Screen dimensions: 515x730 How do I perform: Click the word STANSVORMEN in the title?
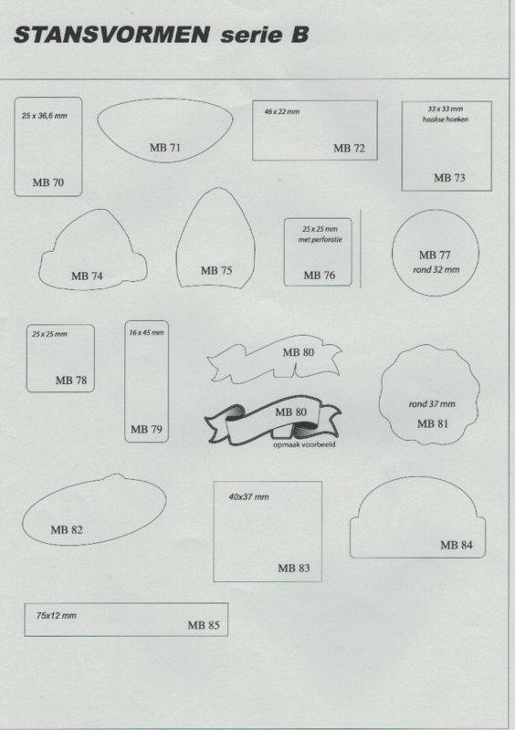click(111, 35)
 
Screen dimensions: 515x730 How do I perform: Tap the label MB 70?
click(48, 182)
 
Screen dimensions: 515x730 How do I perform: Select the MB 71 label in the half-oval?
click(164, 148)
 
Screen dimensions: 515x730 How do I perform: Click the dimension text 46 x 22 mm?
click(281, 111)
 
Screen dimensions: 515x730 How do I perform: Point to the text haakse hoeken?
click(445, 120)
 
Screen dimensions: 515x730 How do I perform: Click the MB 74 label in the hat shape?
click(87, 276)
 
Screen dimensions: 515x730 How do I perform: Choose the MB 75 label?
click(216, 270)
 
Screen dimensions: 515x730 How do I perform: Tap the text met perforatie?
click(321, 240)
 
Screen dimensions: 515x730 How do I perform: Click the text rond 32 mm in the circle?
click(436, 269)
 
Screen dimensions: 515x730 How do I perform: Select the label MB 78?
click(71, 381)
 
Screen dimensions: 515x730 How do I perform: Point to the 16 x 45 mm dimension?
click(146, 333)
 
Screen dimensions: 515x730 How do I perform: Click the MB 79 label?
click(146, 429)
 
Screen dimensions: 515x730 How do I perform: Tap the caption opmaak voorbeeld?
click(304, 444)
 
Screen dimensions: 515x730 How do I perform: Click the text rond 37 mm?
click(432, 404)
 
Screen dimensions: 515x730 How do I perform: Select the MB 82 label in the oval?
click(66, 530)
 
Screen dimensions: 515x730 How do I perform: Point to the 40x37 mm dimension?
click(248, 497)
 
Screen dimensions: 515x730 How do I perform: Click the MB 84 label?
click(457, 545)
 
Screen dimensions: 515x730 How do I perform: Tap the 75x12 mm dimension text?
click(57, 615)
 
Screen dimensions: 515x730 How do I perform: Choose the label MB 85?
click(204, 625)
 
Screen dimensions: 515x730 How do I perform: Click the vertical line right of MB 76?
click(361, 248)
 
